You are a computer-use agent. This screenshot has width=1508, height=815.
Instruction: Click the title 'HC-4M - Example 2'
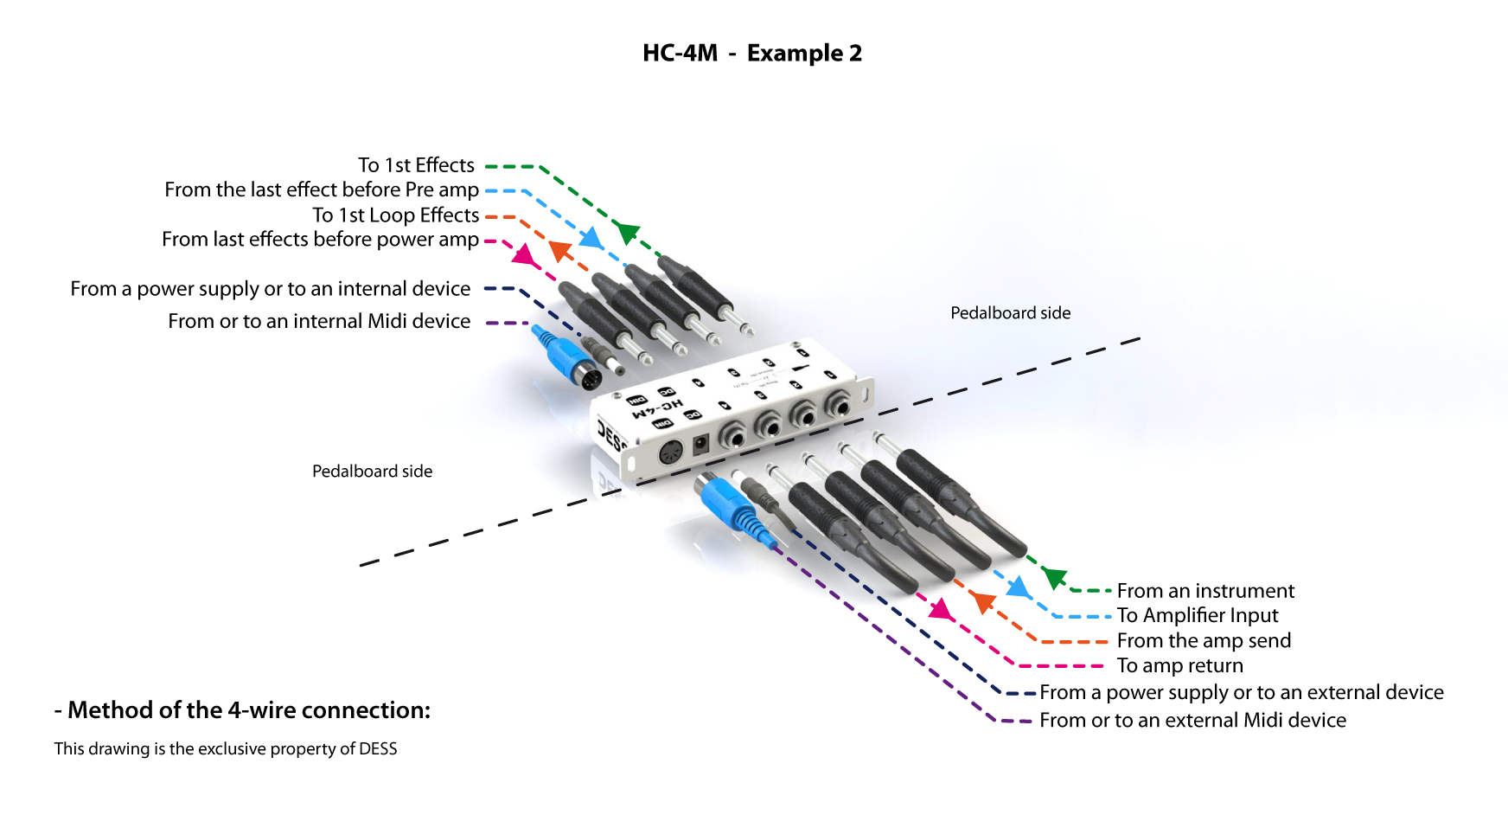click(x=751, y=54)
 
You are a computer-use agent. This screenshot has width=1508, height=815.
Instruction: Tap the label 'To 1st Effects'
click(x=416, y=165)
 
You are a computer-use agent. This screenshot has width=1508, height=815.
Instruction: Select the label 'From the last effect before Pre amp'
click(x=322, y=189)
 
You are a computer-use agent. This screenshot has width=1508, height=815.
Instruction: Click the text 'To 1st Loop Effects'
click(x=395, y=215)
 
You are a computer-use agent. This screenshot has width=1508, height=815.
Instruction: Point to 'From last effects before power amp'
click(x=320, y=239)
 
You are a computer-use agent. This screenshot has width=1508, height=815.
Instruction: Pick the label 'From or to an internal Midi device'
click(x=319, y=321)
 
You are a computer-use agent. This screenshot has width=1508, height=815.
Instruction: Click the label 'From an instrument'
click(x=1205, y=591)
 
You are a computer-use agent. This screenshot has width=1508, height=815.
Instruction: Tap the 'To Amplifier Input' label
click(x=1197, y=615)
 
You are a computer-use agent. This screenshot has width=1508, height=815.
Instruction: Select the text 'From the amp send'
click(x=1204, y=640)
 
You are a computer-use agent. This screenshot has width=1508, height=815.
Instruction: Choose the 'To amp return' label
click(x=1179, y=665)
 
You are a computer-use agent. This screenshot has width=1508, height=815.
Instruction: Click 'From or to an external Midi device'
click(x=1192, y=720)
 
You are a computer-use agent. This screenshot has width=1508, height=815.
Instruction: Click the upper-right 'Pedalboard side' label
click(x=1010, y=313)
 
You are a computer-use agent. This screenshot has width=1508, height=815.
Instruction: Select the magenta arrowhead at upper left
click(x=523, y=253)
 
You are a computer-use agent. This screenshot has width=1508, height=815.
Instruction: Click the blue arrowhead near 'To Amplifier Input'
click(x=1019, y=587)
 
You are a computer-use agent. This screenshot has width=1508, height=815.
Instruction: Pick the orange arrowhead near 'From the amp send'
click(x=982, y=600)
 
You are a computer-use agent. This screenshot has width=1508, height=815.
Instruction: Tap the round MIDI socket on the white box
click(x=671, y=452)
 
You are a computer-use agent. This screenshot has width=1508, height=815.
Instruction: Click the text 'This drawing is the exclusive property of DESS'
click(x=226, y=748)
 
